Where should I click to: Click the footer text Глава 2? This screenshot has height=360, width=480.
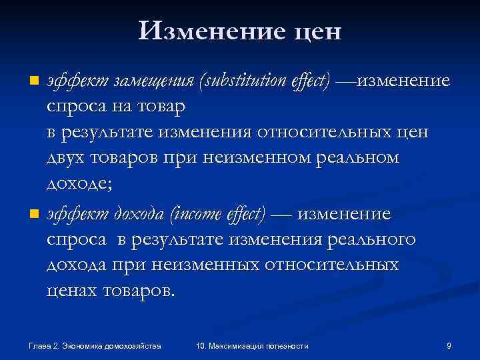click(x=44, y=345)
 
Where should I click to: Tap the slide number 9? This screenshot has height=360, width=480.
click(x=449, y=345)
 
